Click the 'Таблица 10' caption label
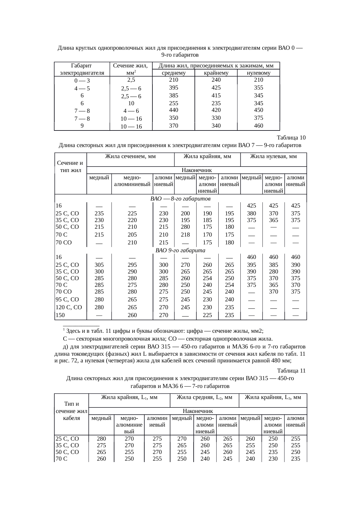pyautogui.click(x=291, y=137)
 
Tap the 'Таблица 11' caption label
pyautogui.click(x=291, y=371)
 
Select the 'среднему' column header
pyautogui.click(x=173, y=73)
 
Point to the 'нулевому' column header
pyautogui.click(x=258, y=73)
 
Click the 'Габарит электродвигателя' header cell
pyautogui.click(x=82, y=69)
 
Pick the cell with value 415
pyautogui.click(x=216, y=95)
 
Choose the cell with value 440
pyautogui.click(x=173, y=110)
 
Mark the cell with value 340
pyautogui.click(x=216, y=126)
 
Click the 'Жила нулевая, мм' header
pyautogui.click(x=273, y=157)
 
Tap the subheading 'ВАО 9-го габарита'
pyautogui.click(x=180, y=250)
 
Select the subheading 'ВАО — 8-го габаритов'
pyautogui.click(x=180, y=199)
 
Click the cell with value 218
pyautogui.click(x=185, y=235)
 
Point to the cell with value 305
pyautogui.click(x=99, y=265)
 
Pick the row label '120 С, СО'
pyautogui.click(x=69, y=307)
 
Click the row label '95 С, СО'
pyautogui.click(x=67, y=299)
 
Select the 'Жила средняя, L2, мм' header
pyautogui.click(x=204, y=397)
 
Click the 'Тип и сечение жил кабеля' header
pyautogui.click(x=71, y=411)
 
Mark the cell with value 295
pyautogui.click(x=132, y=265)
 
